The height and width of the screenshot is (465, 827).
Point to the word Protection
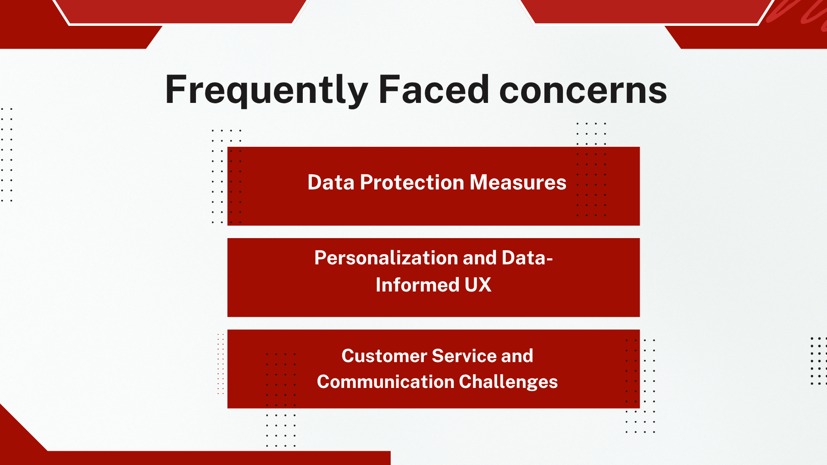pyautogui.click(x=412, y=182)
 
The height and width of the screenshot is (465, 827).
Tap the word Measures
pyautogui.click(x=518, y=182)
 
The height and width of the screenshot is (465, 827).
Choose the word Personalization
pyautogui.click(x=386, y=258)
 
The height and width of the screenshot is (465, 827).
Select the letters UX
pyautogui.click(x=478, y=285)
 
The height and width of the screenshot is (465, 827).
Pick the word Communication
pyautogui.click(x=386, y=382)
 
